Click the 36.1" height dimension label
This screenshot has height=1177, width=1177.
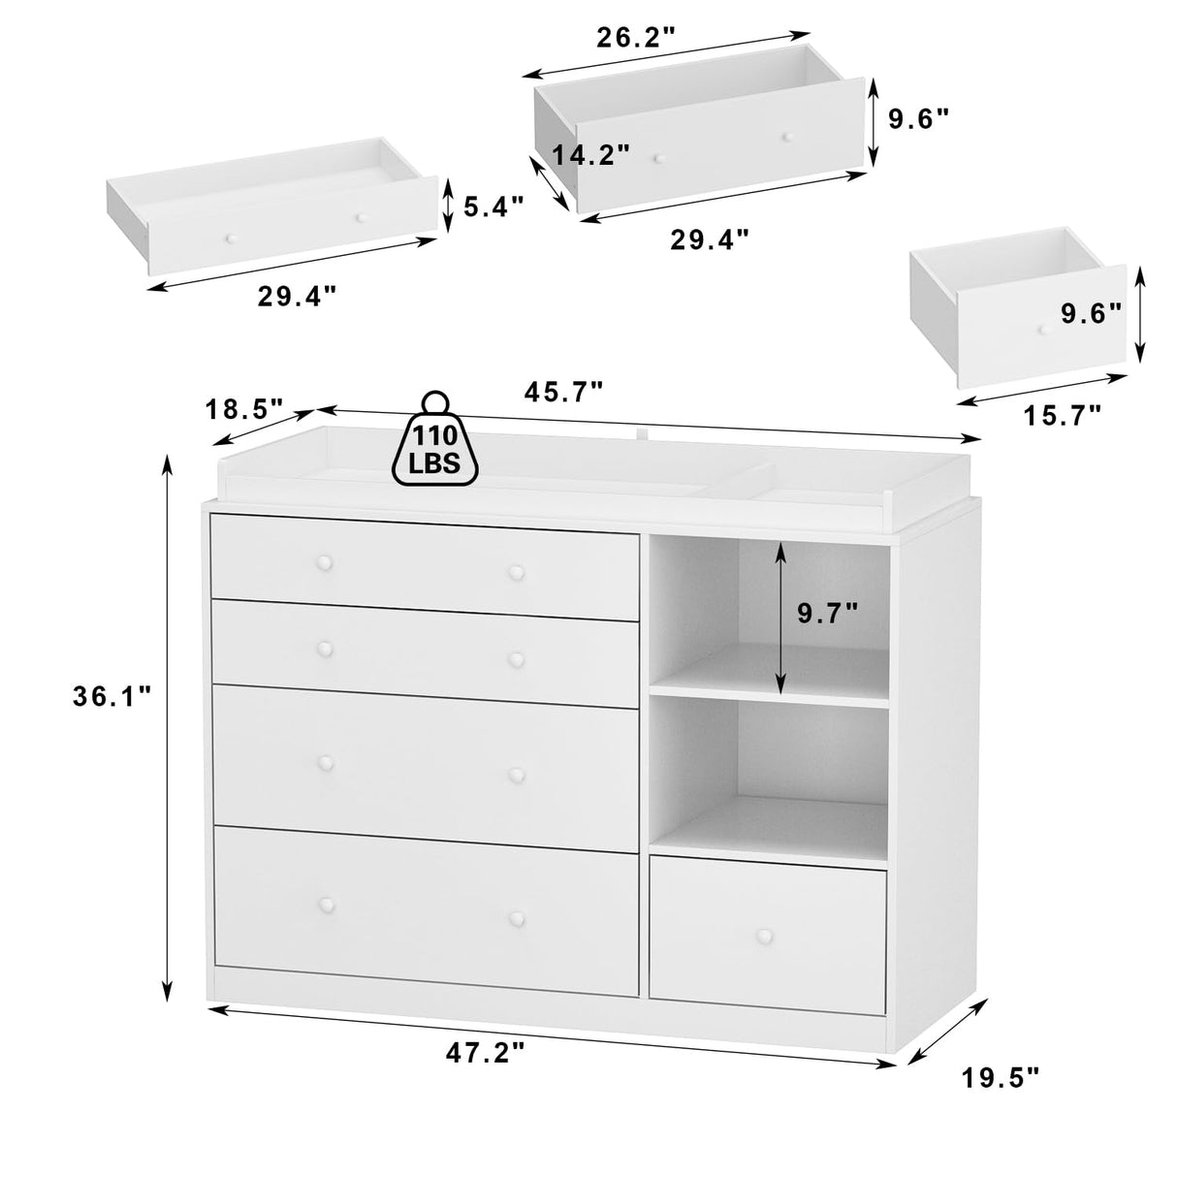(x=111, y=695)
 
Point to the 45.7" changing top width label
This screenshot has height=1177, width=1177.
(x=564, y=391)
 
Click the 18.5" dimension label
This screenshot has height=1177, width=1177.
(x=245, y=408)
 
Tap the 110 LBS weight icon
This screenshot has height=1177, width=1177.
(x=435, y=441)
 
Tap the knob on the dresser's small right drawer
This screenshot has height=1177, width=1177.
(x=767, y=937)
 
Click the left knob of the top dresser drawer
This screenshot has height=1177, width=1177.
(x=323, y=562)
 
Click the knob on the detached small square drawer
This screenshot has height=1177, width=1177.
(x=1044, y=330)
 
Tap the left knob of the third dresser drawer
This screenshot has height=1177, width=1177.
(x=323, y=761)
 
